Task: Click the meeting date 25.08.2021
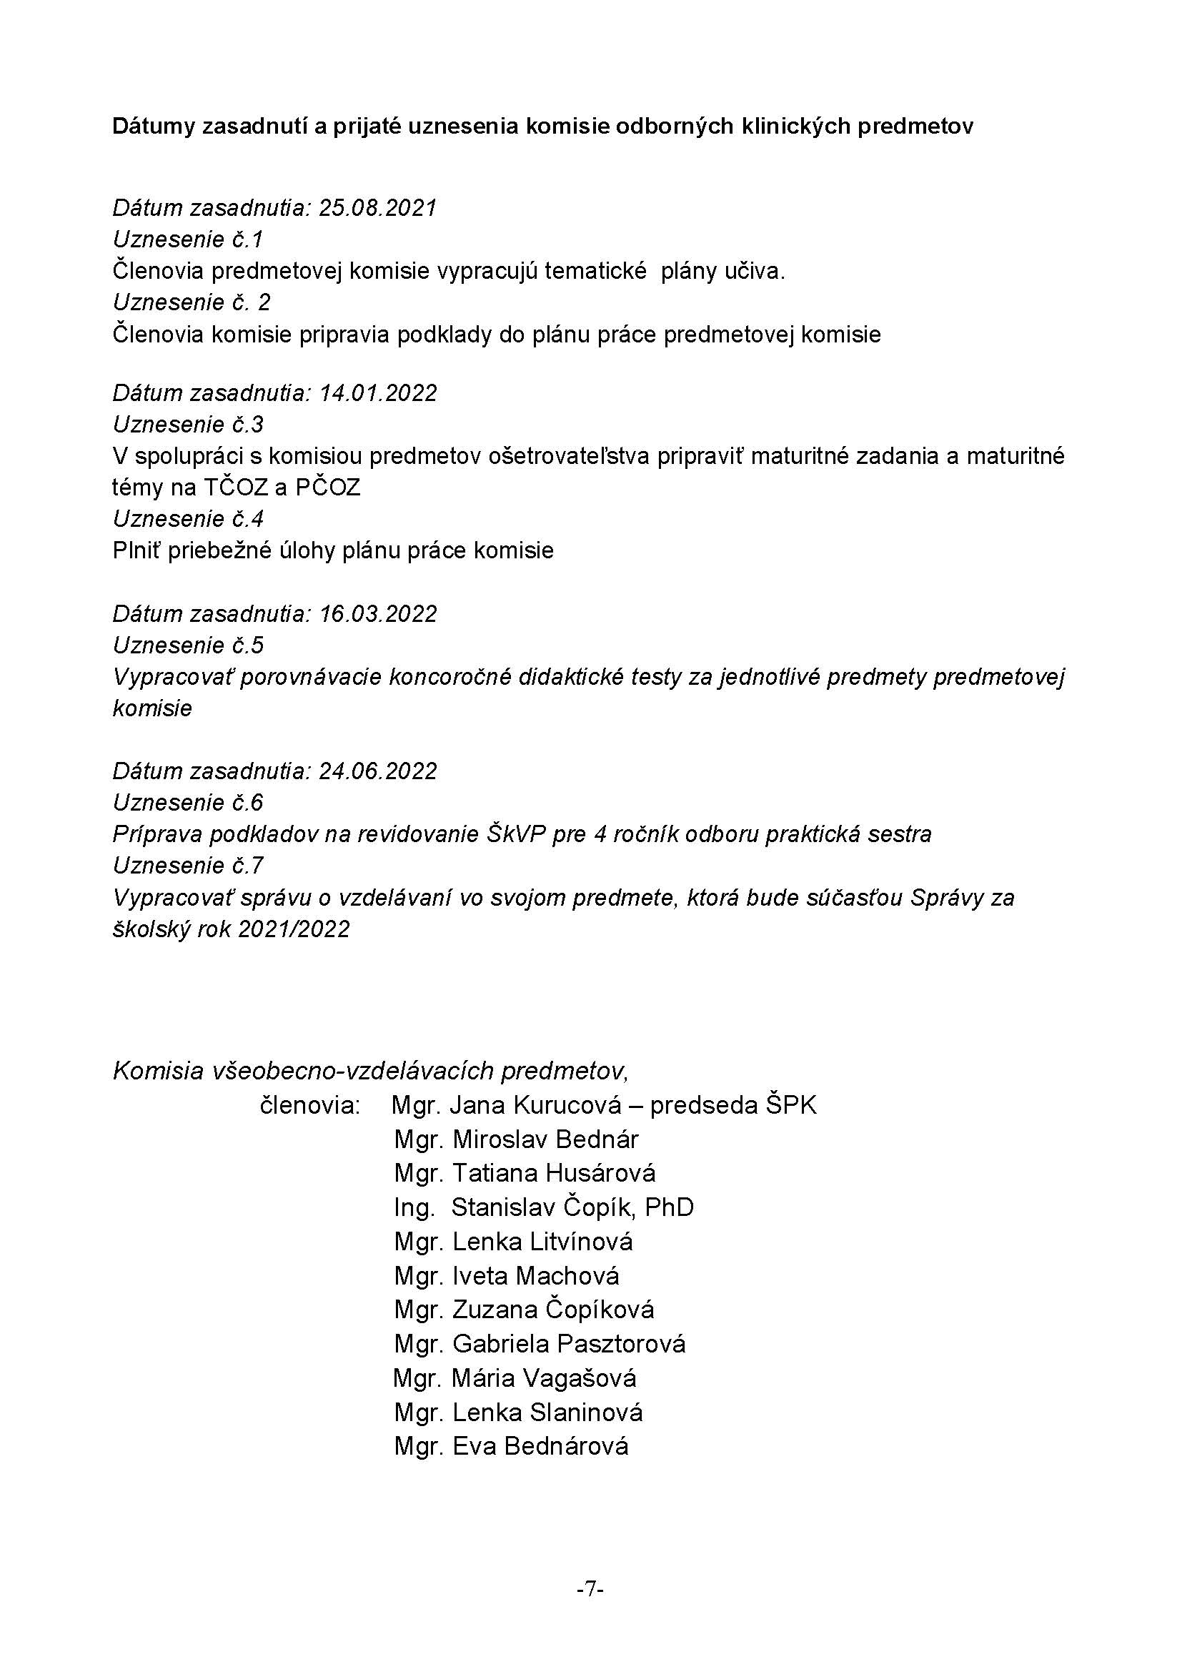click(x=378, y=208)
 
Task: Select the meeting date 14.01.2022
click(x=378, y=393)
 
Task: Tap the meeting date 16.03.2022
click(x=378, y=614)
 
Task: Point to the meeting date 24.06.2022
click(x=378, y=771)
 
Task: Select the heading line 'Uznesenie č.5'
click(x=188, y=645)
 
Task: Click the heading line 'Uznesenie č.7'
click(x=188, y=866)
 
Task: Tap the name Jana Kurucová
click(x=536, y=1105)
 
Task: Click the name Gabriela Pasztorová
click(x=568, y=1344)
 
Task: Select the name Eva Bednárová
click(x=540, y=1445)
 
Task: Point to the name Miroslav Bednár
click(x=545, y=1139)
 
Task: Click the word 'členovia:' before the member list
click(x=310, y=1105)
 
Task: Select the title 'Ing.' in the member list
click(x=414, y=1207)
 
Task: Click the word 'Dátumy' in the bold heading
click(x=154, y=127)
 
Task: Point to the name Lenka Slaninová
click(x=547, y=1412)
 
